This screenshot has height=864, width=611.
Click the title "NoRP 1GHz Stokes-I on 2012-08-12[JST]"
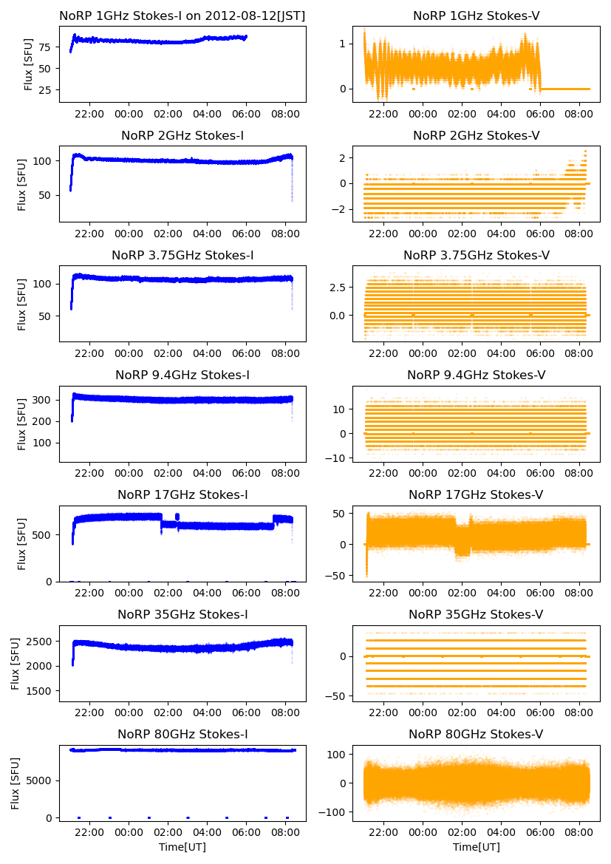point(182,16)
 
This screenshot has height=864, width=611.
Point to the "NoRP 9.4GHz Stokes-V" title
point(476,375)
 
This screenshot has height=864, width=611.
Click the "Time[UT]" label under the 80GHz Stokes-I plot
point(182,847)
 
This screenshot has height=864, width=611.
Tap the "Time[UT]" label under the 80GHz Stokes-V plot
point(476,847)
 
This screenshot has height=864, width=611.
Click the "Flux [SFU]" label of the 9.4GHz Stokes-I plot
point(23,424)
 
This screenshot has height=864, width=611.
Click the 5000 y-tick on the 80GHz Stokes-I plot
point(38,780)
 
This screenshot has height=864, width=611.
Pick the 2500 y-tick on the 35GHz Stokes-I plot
point(38,641)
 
